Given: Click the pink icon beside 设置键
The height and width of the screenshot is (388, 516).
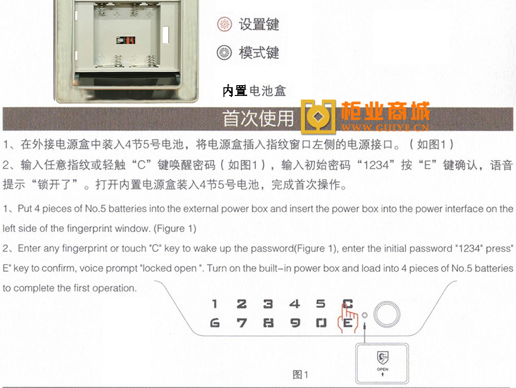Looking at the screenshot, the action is tap(224, 24).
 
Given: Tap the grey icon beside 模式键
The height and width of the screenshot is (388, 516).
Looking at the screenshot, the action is tap(224, 53).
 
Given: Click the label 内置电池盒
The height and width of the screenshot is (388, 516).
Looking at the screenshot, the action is tap(254, 91).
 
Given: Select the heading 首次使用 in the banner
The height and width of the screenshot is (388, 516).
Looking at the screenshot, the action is tap(258, 119).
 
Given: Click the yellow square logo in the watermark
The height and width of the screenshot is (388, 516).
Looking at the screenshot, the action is tap(318, 117).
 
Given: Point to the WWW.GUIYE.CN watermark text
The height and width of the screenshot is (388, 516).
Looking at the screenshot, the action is tap(385, 127).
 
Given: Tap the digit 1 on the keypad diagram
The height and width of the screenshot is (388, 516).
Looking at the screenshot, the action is tap(215, 304).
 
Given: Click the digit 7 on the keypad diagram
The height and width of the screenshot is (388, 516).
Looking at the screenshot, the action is tap(241, 323).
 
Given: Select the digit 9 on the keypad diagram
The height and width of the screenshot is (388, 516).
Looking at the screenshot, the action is tap(295, 323).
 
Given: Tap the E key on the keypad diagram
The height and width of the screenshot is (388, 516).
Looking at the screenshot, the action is tap(347, 323).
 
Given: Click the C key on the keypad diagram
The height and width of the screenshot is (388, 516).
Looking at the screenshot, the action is tap(347, 304).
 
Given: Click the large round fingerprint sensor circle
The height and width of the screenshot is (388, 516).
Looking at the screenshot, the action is tap(387, 314).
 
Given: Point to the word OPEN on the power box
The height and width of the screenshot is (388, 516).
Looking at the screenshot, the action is tap(382, 369).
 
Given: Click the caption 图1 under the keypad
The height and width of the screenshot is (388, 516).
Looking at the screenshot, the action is tap(300, 375).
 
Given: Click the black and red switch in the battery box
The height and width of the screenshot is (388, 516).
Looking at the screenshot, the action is tap(126, 40).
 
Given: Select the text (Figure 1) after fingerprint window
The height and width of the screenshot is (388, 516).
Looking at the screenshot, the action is tap(175, 229).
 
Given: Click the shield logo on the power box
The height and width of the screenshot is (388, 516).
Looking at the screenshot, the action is tap(382, 358).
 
